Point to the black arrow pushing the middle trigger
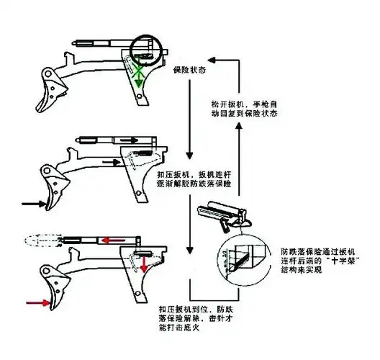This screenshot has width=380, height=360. pos(33,204)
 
